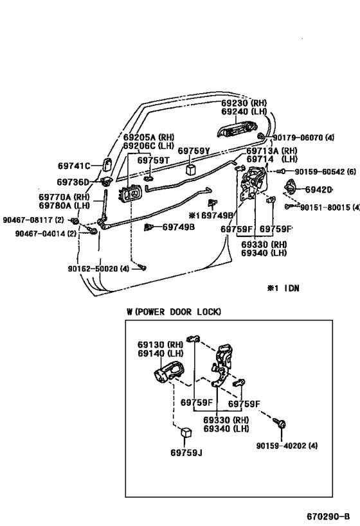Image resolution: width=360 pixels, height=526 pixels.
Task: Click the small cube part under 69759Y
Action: tap(191, 170)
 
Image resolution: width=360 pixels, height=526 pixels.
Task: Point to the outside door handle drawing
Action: tap(235, 132)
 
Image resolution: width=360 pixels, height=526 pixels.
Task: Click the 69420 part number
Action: tap(318, 190)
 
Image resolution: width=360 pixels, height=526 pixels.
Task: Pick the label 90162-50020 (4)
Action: tap(97, 268)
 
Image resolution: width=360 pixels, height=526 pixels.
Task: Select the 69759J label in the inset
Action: tap(186, 453)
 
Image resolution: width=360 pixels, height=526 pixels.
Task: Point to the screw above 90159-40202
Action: tap(282, 425)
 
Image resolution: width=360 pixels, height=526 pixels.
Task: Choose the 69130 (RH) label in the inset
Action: tap(156, 343)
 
